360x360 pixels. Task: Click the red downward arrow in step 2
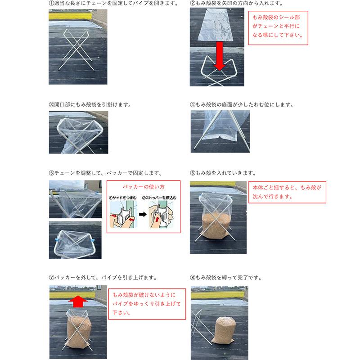pyautogui.click(x=220, y=56)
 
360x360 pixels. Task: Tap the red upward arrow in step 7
pyautogui.click(x=78, y=301)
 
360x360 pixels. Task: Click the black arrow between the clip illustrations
pyautogui.click(x=143, y=215)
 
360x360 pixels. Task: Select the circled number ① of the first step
pyautogui.click(x=51, y=4)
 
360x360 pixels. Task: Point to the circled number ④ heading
pyautogui.click(x=193, y=105)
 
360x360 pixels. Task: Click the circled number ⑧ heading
pyautogui.click(x=193, y=278)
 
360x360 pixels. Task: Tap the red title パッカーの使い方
pyautogui.click(x=144, y=187)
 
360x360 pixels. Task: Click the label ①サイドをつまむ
pyautogui.click(x=122, y=198)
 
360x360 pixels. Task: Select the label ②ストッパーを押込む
pyautogui.click(x=159, y=198)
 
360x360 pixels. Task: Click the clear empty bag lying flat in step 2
pyautogui.click(x=216, y=25)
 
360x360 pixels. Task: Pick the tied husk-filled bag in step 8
pyautogui.click(x=222, y=330)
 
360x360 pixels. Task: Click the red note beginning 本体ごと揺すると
pyautogui.click(x=287, y=192)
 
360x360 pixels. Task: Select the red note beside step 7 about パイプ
pyautogui.click(x=147, y=303)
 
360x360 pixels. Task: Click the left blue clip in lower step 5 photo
pyautogui.click(x=57, y=240)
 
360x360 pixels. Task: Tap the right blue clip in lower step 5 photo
pyautogui.click(x=93, y=241)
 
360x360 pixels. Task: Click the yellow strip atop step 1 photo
pyautogui.click(x=70, y=16)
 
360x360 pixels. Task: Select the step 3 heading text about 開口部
pyautogui.click(x=93, y=105)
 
